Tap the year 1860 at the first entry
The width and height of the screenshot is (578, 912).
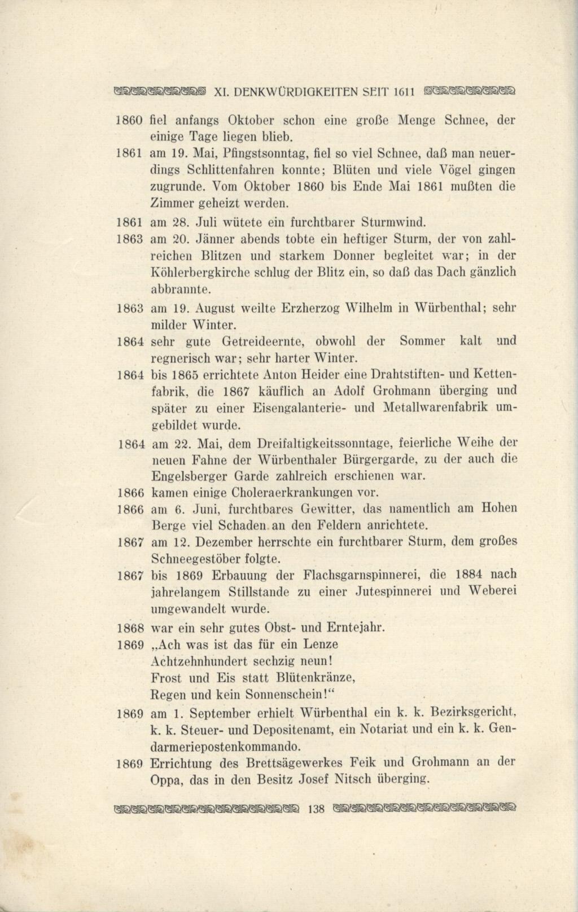coord(130,120)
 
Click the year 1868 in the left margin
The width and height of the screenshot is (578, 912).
coord(130,628)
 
